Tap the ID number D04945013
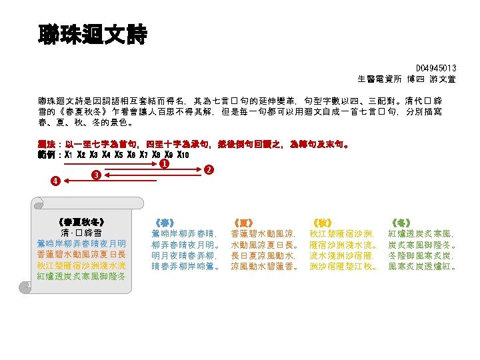436,68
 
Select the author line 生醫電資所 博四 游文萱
407,78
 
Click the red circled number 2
208,170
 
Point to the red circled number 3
96,175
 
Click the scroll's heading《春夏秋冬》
81,221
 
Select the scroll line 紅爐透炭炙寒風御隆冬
81,277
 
